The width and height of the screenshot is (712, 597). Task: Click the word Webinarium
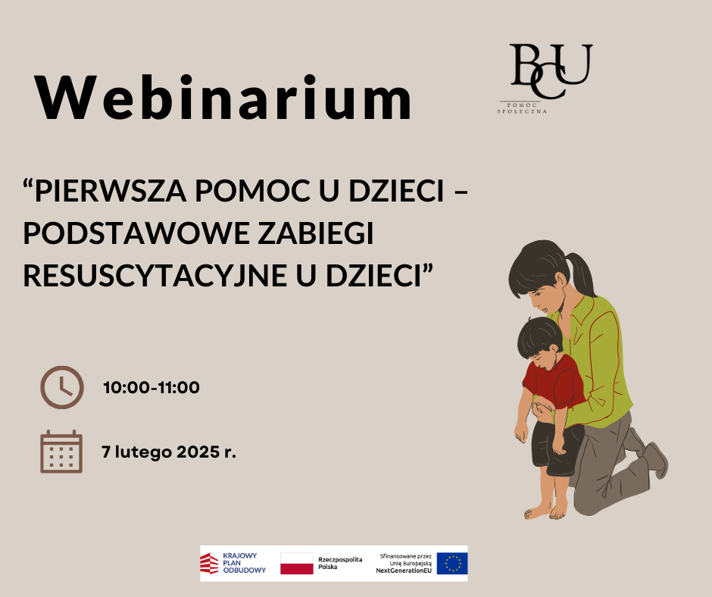[x=223, y=97]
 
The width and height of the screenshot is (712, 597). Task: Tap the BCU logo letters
[x=551, y=71]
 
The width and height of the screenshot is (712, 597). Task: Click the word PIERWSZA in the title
[x=111, y=190]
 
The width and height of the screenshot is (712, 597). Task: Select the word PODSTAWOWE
[x=136, y=233]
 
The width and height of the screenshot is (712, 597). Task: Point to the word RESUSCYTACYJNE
[x=155, y=275]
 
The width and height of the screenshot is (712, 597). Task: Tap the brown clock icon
[x=62, y=388]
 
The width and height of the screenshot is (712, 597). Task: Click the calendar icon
[x=61, y=452]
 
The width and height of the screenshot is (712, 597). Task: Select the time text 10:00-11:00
[x=151, y=388]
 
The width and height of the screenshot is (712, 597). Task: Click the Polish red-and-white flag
[x=296, y=564]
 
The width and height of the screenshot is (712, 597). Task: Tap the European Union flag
[x=451, y=564]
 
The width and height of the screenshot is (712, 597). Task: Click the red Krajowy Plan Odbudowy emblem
[x=209, y=564]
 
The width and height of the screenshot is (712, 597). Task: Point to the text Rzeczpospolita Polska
[x=340, y=563]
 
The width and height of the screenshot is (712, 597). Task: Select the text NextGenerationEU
[x=404, y=570]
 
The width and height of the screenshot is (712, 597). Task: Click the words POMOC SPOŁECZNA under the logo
[x=522, y=108]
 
